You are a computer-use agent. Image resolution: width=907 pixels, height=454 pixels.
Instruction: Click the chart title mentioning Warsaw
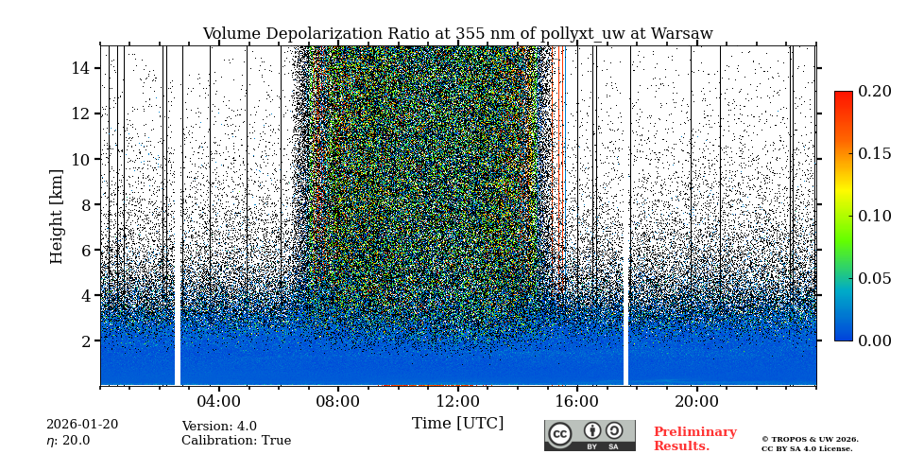coord(457,34)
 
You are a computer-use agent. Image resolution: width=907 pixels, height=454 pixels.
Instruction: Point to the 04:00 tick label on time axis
coord(218,401)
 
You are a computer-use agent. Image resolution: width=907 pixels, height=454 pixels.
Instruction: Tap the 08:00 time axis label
coord(337,401)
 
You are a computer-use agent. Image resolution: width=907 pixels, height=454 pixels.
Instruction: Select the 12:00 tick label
coord(457,401)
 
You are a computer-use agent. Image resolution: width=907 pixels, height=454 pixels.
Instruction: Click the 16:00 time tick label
coord(577,401)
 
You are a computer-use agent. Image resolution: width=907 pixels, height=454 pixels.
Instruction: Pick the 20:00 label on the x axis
coord(696,401)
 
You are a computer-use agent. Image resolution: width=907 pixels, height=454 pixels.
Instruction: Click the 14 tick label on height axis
coord(80,68)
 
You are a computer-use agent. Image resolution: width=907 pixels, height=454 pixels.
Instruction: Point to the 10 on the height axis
coord(80,159)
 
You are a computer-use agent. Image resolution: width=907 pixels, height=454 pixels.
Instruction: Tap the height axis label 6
coord(84,250)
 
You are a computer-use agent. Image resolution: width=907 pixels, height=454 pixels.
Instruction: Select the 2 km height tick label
coord(84,340)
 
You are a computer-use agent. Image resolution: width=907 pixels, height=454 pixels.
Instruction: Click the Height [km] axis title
coord(57,216)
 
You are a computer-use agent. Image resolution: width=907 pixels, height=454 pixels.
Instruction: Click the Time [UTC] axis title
coord(457,424)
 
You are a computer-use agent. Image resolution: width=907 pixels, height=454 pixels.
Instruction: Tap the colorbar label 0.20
coord(874,92)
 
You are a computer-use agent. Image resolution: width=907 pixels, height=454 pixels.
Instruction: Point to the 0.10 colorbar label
coord(874,216)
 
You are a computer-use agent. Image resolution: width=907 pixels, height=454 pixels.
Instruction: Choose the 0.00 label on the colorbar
coord(874,340)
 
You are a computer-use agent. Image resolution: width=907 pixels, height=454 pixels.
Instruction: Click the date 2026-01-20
coord(82,425)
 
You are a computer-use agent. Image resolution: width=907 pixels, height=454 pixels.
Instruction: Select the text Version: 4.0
coord(219,427)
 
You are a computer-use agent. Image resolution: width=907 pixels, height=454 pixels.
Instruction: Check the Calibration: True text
coord(236,441)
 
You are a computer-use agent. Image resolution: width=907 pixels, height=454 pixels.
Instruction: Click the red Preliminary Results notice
coord(694,439)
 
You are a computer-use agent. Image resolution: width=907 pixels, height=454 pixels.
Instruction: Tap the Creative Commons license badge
coord(590,435)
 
